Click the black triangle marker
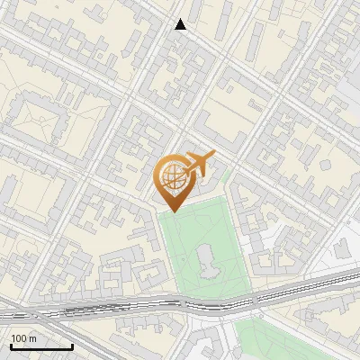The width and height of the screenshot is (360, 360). pyautogui.click(x=181, y=24)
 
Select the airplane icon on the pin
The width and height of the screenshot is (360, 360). pyautogui.click(x=200, y=165)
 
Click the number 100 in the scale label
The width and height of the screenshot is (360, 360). pyautogui.click(x=20, y=338)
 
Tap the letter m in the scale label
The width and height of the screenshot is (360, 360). pyautogui.click(x=32, y=338)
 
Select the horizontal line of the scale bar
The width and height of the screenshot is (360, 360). pyautogui.click(x=41, y=346)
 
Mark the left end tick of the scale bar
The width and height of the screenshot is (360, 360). pyautogui.click(x=11, y=345)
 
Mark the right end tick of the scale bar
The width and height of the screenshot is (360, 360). pyautogui.click(x=72, y=345)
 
